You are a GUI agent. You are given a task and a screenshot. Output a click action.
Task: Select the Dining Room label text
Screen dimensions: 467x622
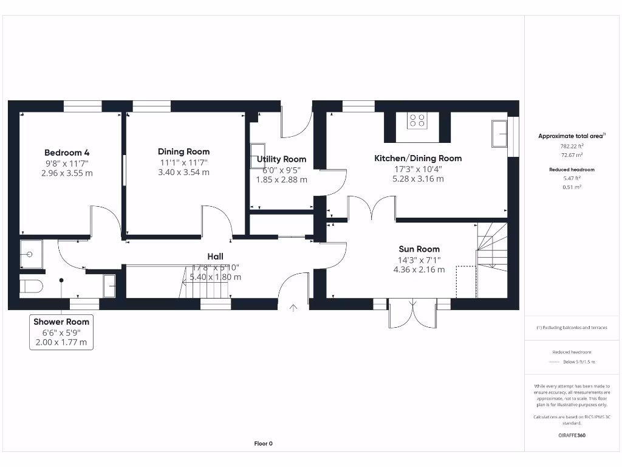183,152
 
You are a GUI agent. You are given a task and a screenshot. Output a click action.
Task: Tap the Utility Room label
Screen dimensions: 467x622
281,159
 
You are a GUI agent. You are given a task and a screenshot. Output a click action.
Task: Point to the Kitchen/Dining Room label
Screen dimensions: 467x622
418,158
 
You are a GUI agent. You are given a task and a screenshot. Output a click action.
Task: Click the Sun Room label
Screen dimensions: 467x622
419,249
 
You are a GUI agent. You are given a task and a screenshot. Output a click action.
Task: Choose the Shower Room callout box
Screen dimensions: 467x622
61,332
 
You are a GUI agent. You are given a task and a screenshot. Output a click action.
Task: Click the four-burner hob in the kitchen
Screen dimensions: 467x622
417,120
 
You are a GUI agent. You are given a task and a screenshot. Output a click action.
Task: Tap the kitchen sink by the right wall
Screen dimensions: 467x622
500,133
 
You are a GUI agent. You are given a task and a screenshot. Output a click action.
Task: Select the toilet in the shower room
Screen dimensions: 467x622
30,285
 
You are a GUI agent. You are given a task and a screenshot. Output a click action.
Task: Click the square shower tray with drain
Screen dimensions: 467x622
31,254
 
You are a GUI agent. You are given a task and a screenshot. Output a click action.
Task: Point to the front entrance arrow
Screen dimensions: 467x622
293,308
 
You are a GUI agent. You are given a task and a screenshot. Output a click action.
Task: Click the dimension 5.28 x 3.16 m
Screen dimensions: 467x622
418,179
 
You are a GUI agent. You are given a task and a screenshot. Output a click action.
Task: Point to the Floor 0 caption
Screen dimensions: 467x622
263,443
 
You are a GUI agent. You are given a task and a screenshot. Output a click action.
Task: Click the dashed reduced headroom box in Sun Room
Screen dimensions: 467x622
466,282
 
